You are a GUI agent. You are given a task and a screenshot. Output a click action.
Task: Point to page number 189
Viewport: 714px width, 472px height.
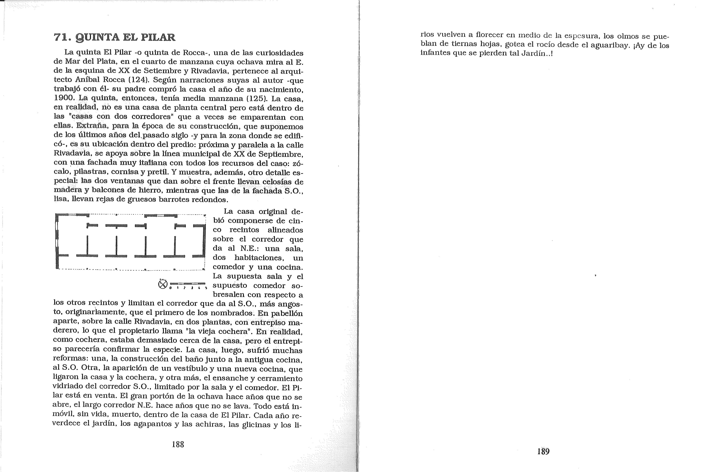(x=543, y=452)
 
